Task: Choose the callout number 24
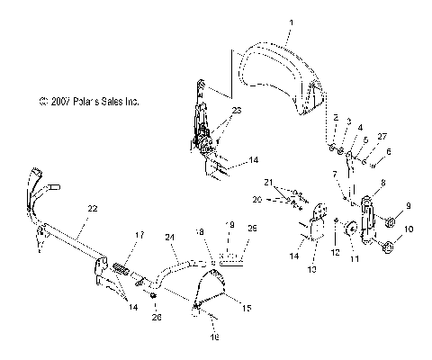tap(168, 238)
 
